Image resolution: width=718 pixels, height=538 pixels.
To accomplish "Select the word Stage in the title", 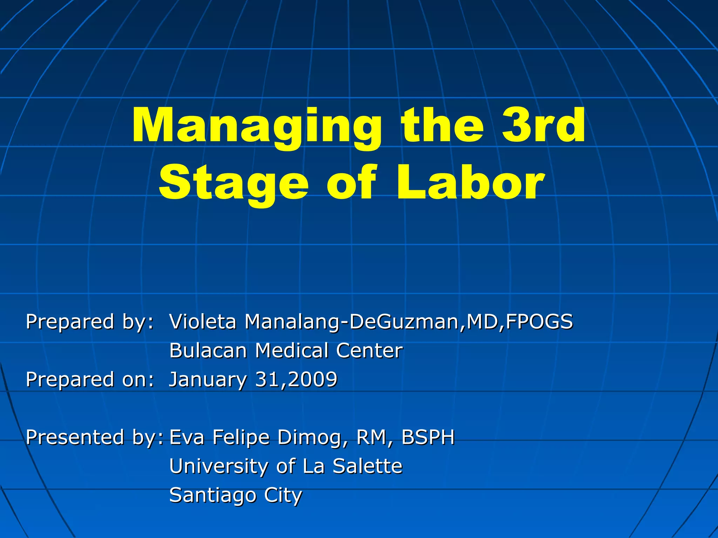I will pos(233,183).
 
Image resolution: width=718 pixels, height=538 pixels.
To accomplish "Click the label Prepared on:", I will pos(90,379).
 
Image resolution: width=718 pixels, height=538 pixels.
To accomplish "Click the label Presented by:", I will pos(94,437).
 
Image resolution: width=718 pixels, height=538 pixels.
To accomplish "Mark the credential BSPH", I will pos(428,437).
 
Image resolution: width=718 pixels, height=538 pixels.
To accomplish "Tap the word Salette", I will pos(367,466).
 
